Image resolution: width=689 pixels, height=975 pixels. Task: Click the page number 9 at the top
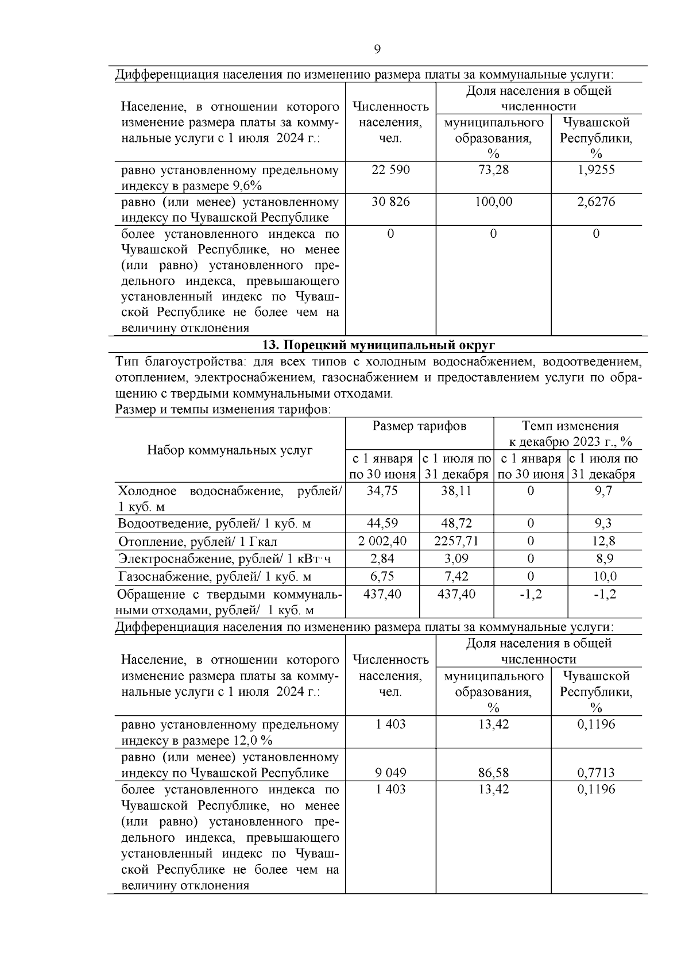click(377, 49)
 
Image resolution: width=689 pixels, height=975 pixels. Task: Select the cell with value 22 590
click(390, 170)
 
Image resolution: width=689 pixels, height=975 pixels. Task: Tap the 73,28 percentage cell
click(493, 170)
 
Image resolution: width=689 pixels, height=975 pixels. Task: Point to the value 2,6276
click(596, 202)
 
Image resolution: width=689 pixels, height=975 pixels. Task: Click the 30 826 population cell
click(390, 202)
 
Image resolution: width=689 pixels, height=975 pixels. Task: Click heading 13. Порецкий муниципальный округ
click(378, 345)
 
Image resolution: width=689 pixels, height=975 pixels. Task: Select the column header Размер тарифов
click(419, 426)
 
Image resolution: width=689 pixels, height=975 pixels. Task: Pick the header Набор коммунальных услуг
click(230, 450)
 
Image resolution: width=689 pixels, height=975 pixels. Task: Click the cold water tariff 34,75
click(382, 491)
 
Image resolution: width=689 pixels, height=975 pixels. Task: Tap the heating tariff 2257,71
click(456, 541)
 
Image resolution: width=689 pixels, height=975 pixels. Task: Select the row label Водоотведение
click(214, 523)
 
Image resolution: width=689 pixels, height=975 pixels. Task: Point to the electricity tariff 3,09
click(456, 558)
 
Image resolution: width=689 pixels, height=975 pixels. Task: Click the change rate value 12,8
click(605, 541)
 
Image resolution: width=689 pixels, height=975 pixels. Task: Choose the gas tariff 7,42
click(456, 576)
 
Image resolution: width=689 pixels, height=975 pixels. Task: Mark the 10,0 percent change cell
click(605, 576)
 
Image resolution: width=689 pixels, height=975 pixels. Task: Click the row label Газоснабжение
click(215, 577)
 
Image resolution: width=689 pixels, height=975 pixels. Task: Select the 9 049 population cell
click(390, 773)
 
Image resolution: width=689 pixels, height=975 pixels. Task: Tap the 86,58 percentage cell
click(493, 773)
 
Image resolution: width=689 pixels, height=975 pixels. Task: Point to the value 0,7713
click(596, 773)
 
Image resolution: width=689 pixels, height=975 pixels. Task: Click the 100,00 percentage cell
click(493, 202)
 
